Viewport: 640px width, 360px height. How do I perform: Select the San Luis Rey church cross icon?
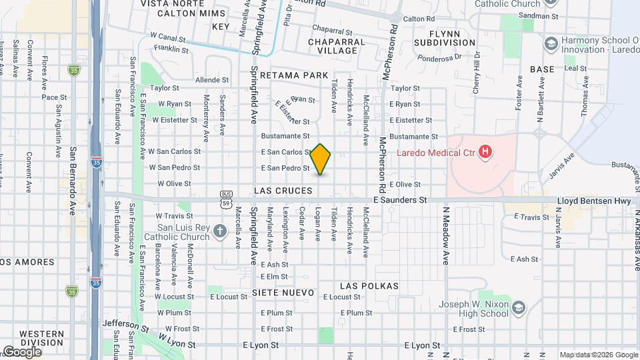tap(221, 232)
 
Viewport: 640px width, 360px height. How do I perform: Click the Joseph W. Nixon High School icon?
tap(519, 307)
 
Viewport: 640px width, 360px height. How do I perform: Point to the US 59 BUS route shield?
tap(225, 199)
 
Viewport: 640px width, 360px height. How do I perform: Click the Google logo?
tap(22, 351)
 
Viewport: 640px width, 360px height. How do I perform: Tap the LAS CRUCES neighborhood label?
tap(283, 191)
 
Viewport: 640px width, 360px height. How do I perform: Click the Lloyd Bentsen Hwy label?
tap(594, 200)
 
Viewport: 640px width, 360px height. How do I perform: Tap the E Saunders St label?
tap(400, 199)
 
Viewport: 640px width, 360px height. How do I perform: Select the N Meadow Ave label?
tap(445, 235)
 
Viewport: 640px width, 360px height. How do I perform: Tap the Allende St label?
tap(212, 80)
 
